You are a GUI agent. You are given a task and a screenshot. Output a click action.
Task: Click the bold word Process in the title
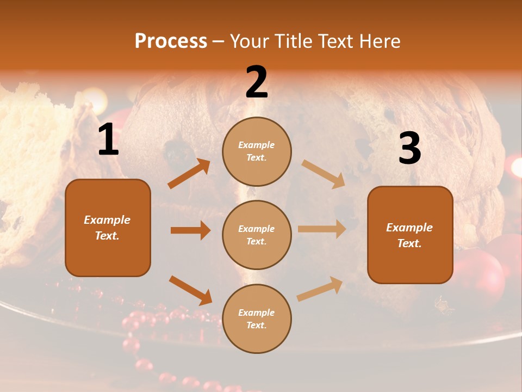coord(171,41)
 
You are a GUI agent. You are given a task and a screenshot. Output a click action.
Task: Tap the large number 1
coord(108,140)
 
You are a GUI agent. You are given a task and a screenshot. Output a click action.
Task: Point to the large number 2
coord(257,82)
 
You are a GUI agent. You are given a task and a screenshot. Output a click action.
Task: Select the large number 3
coord(409,149)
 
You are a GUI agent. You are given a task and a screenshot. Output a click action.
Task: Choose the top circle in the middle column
coord(257,151)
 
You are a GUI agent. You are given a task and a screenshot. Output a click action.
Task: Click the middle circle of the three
coord(257,235)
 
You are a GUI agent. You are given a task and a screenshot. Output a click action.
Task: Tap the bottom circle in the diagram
coord(257,318)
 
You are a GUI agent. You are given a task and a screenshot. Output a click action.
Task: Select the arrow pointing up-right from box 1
coord(189,174)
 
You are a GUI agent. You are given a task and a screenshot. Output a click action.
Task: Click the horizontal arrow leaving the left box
coord(190,230)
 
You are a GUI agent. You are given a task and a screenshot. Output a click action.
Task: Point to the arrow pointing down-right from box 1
coord(190,290)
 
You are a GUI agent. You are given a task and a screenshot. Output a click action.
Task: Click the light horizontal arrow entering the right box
coord(322,229)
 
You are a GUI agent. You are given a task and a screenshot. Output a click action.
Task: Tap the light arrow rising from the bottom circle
coord(320,289)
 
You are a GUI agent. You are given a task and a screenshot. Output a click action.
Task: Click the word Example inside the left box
coord(107,220)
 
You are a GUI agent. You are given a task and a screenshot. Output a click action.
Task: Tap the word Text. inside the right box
coord(409,243)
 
